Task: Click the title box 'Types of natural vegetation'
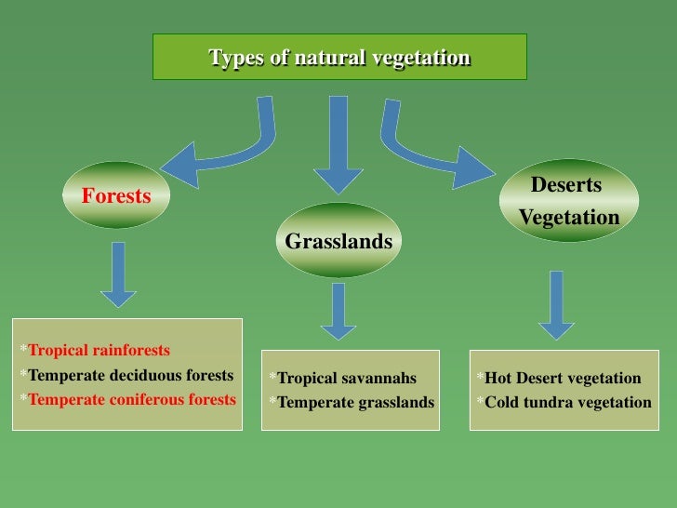click(339, 57)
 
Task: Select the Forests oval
click(116, 196)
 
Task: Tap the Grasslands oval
click(338, 242)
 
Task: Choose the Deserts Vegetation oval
click(568, 201)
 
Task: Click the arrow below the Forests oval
click(118, 274)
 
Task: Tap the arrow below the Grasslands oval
click(338, 312)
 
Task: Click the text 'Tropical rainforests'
click(100, 351)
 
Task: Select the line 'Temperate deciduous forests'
click(131, 376)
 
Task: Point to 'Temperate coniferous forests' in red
click(132, 399)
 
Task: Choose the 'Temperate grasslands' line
click(355, 403)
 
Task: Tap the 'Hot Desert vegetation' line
click(563, 378)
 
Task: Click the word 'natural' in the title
click(330, 58)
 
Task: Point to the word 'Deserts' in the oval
click(566, 185)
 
